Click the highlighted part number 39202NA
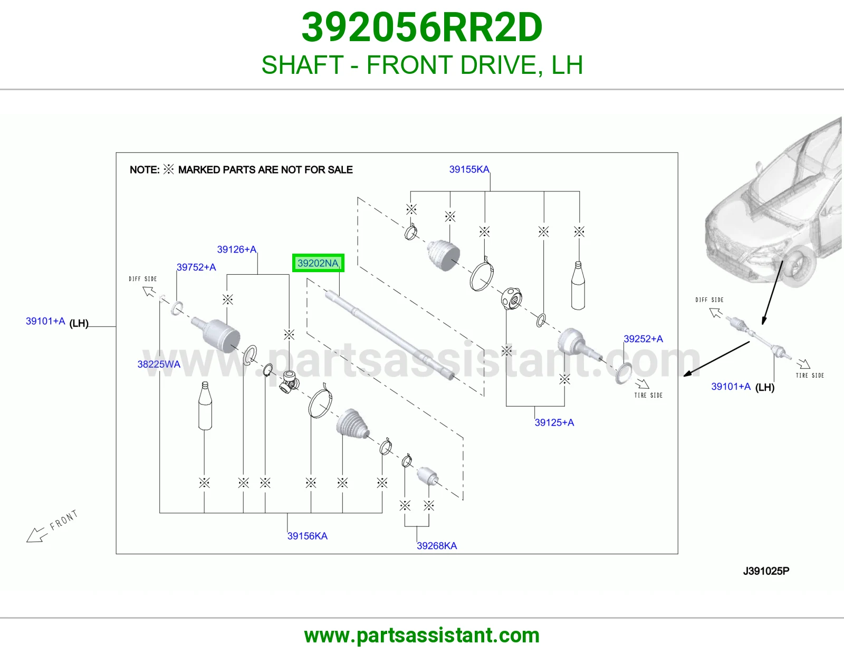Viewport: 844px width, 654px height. (318, 263)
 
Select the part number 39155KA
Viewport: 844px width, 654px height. (469, 169)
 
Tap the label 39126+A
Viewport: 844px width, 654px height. (236, 249)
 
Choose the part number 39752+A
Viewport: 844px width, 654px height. (196, 267)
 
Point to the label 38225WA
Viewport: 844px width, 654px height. (159, 364)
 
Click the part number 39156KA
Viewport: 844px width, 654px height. (307, 536)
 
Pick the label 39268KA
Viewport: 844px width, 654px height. (437, 546)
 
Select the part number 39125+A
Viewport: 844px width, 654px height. (554, 422)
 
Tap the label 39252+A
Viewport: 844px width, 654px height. (643, 339)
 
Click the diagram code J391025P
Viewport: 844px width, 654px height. (766, 571)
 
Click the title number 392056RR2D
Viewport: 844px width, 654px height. (422, 27)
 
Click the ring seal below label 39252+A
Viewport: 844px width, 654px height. (624, 373)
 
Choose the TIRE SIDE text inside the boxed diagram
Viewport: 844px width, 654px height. (648, 396)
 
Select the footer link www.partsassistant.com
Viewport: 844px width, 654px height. (422, 636)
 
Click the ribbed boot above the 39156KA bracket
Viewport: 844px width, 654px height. (352, 424)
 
